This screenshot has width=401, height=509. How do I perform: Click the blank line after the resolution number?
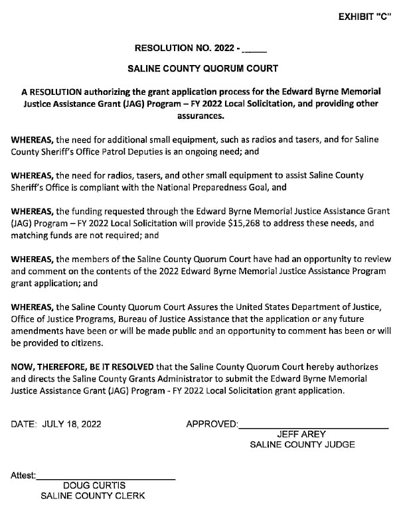coord(255,50)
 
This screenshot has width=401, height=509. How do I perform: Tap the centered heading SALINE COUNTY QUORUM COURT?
coord(202,68)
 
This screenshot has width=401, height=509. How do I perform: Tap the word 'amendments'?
coord(39,330)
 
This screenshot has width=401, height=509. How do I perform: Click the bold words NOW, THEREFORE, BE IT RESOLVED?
coord(82,366)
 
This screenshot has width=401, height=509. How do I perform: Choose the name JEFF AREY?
coord(301,435)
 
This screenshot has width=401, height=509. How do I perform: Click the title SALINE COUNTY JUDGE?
coord(302,445)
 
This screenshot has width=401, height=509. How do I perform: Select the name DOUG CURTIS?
coord(94,486)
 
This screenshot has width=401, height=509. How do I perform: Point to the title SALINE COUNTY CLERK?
coord(93,496)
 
